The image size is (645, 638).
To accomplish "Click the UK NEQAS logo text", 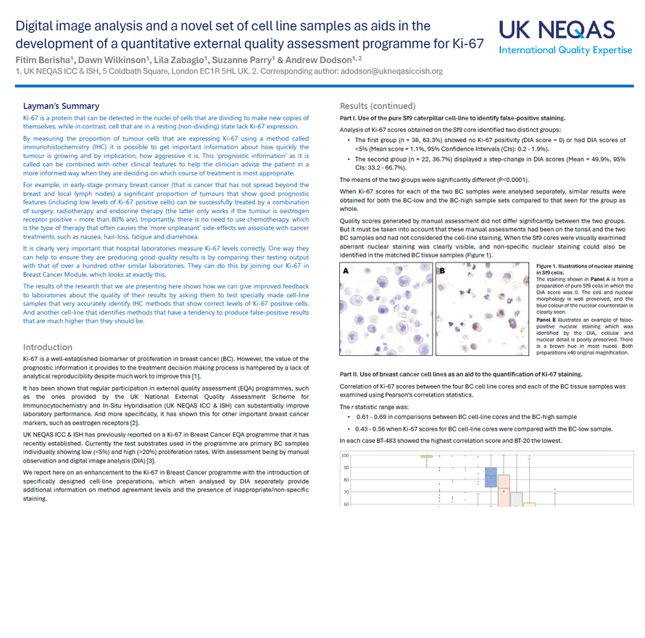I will pyautogui.click(x=556, y=30).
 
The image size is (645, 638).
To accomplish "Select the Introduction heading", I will pyautogui.click(x=48, y=347).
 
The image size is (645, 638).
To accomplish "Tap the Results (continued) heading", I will pyautogui.click(x=378, y=106).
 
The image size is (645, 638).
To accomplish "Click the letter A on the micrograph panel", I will pyautogui.click(x=346, y=270).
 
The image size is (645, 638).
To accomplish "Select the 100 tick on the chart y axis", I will pyautogui.click(x=345, y=455).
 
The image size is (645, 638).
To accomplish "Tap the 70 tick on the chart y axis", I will pyautogui.click(x=345, y=492).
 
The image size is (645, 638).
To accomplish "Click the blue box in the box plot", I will pyautogui.click(x=491, y=476).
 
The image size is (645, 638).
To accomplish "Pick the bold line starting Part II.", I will pyautogui.click(x=460, y=374).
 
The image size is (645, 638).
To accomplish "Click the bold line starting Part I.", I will pyautogui.click(x=452, y=118).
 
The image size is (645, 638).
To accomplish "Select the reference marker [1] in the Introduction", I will pyautogui.click(x=196, y=376).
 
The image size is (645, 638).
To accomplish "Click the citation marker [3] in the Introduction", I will pyautogui.click(x=151, y=461).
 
